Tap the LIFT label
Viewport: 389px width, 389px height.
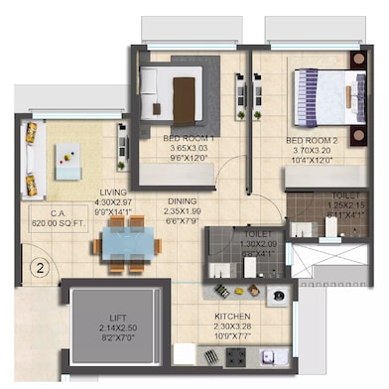pos(108,317)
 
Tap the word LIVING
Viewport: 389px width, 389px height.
pos(111,193)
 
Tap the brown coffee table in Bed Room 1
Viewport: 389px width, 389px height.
pos(185,98)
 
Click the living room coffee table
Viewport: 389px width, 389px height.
pos(68,160)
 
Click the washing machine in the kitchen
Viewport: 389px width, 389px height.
pos(277,295)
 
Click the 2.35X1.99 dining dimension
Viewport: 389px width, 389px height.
pos(181,208)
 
